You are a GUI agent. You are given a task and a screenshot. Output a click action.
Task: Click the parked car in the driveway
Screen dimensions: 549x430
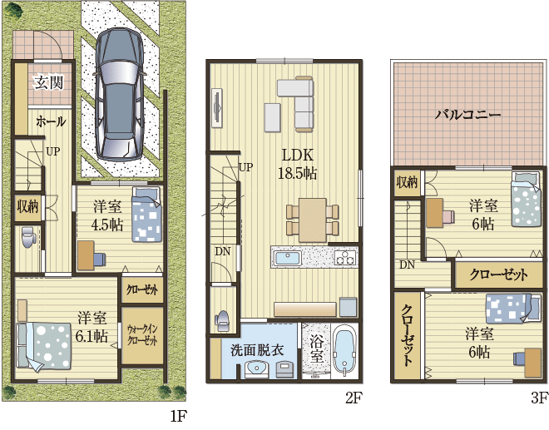point(120,95)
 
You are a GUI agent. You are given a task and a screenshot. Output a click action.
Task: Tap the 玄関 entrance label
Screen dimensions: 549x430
point(49,83)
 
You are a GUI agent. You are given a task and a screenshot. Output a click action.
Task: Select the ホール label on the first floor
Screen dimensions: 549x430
point(51,121)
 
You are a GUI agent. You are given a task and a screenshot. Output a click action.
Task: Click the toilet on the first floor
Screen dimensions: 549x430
point(28,237)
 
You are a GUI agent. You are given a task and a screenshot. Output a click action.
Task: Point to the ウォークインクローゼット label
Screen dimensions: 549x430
point(142,335)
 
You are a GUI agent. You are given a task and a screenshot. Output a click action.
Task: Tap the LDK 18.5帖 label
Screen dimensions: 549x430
point(297,164)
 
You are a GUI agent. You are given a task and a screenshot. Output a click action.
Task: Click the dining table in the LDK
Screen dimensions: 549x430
point(313,220)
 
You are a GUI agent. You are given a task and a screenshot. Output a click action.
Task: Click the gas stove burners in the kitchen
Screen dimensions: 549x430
point(345,257)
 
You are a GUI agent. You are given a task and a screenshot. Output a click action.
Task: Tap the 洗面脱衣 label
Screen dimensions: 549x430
point(257,350)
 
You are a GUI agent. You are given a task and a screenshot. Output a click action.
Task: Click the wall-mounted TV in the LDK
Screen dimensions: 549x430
point(217,107)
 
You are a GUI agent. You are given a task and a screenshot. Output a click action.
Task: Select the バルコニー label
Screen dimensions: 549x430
point(467,115)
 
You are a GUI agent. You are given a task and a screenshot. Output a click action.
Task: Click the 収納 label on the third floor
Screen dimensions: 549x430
point(407,182)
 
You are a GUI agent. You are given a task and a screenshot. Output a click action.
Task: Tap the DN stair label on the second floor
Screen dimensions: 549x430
point(223,251)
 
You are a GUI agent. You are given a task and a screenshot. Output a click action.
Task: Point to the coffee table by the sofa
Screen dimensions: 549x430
point(272,117)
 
